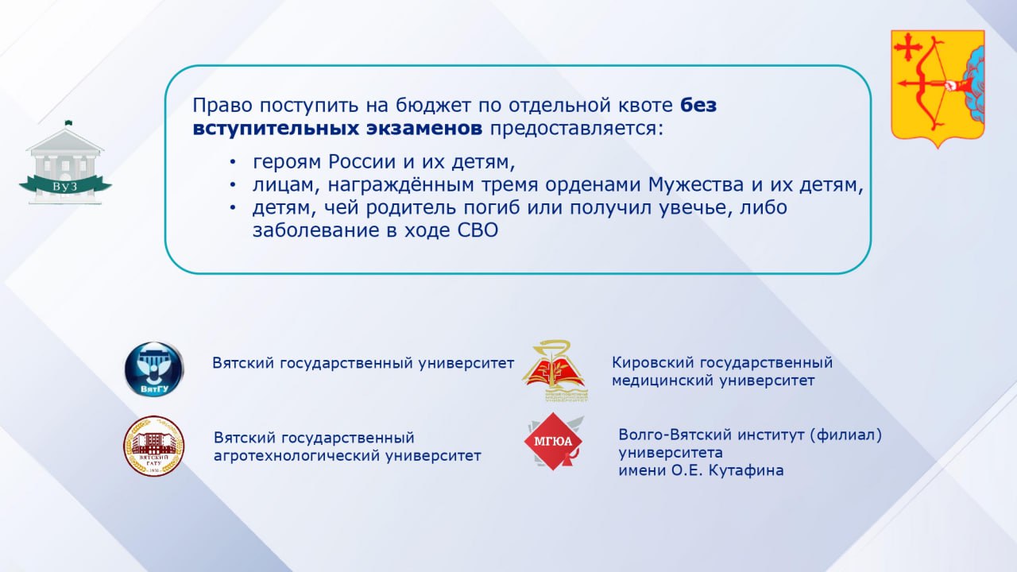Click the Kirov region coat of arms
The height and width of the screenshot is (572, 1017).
pos(938,88)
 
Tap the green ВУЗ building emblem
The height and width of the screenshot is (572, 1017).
pos(65,163)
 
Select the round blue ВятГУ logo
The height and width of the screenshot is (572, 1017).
pos(154,369)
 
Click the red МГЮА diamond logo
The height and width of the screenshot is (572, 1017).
pos(555,441)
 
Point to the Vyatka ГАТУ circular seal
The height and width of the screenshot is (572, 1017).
pos(154,446)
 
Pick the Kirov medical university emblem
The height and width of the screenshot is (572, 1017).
pos(555,371)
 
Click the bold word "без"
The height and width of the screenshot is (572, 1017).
pos(698,106)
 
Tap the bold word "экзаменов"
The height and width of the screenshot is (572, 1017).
pos(424,129)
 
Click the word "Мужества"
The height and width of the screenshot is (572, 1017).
pos(696,185)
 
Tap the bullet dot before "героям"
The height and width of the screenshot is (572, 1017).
pos(233,162)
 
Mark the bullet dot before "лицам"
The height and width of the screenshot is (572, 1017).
pos(233,185)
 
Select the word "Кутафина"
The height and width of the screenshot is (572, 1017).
pos(746,470)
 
